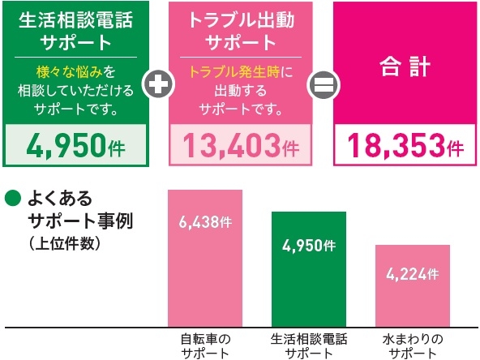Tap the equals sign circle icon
click(321, 81)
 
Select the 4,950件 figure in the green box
click(75, 146)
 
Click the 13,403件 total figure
click(237, 146)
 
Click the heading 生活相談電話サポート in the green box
click(75, 29)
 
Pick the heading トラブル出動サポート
click(237, 29)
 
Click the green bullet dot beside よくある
click(12, 197)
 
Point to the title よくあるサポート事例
click(71, 208)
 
